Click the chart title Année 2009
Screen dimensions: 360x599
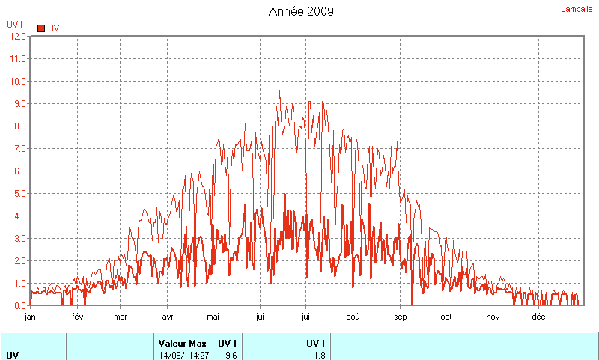tap(301, 11)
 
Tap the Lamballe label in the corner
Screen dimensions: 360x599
tap(577, 9)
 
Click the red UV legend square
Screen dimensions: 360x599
tap(41, 28)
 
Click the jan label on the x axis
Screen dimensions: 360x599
tap(31, 317)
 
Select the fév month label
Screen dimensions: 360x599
tap(77, 317)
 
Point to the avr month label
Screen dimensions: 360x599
tap(168, 317)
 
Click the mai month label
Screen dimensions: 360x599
tap(214, 317)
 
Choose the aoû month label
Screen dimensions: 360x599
tap(353, 317)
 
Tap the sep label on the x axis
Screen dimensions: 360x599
tap(400, 317)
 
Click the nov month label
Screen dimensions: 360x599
tap(493, 317)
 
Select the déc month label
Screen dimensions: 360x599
tap(538, 317)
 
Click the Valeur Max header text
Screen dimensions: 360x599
tap(181, 343)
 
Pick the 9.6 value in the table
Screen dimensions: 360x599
tap(231, 355)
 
